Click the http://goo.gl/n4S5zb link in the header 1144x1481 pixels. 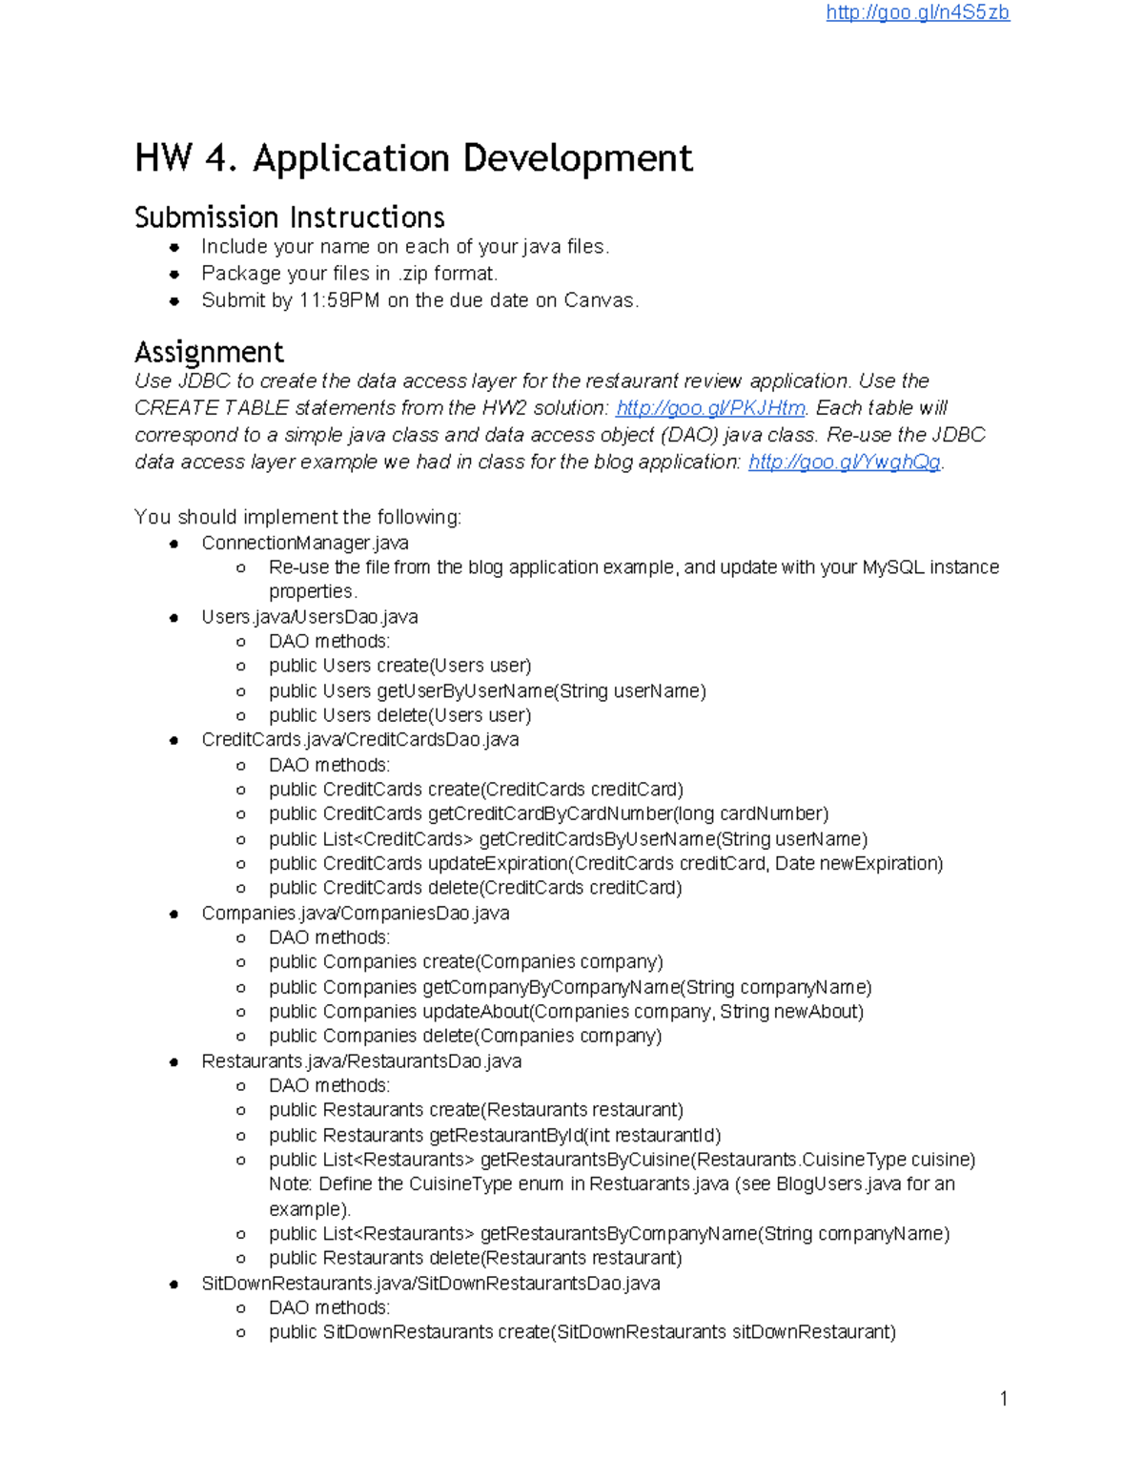coord(917,12)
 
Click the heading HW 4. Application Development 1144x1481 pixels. coord(414,158)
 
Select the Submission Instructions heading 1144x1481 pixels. coord(290,217)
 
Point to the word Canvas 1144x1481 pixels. coord(599,300)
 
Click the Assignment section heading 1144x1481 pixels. coord(209,352)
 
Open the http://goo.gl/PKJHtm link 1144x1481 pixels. coord(710,408)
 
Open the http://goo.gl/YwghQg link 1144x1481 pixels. coord(845,463)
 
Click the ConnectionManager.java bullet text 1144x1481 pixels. coord(305,544)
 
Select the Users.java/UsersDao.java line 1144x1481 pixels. coord(310,617)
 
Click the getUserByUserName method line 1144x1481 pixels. coord(487,690)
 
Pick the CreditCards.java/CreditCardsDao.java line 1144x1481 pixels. coord(360,740)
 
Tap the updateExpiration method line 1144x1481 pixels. coord(605,864)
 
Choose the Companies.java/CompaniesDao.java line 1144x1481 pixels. coord(356,914)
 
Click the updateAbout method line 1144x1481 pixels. coord(566,1012)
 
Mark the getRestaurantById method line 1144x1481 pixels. coord(495,1136)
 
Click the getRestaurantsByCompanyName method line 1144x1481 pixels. coord(609,1234)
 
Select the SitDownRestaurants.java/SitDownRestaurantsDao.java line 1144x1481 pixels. coord(431,1284)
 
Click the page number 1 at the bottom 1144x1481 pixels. coord(1004,1399)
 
